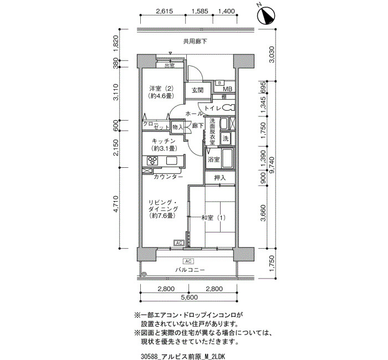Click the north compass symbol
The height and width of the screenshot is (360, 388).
coord(266,16)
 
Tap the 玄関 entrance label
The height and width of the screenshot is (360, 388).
coord(198,90)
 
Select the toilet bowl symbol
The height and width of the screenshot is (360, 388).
coord(228,108)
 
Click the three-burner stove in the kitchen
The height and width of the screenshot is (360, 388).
coord(152,161)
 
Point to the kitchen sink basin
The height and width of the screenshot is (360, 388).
coord(172,161)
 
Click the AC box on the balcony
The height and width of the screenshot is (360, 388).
coord(188,261)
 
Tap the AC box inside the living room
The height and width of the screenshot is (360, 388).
coord(179,243)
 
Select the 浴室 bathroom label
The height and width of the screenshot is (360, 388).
coord(213,160)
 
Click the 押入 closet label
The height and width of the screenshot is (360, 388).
coord(220,178)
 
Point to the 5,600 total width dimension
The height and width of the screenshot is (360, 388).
coord(190,297)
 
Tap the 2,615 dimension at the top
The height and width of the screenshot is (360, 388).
coord(165,11)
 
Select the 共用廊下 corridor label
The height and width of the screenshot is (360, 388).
coord(195,42)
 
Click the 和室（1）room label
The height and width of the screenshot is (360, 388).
coord(213,218)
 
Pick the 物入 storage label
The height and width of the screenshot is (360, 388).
coord(177,127)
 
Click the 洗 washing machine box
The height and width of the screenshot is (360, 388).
coord(225,138)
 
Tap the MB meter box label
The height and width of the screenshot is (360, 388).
coord(228,89)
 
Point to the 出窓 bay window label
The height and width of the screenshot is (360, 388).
coord(170,65)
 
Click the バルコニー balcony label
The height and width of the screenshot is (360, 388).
coord(190,270)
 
